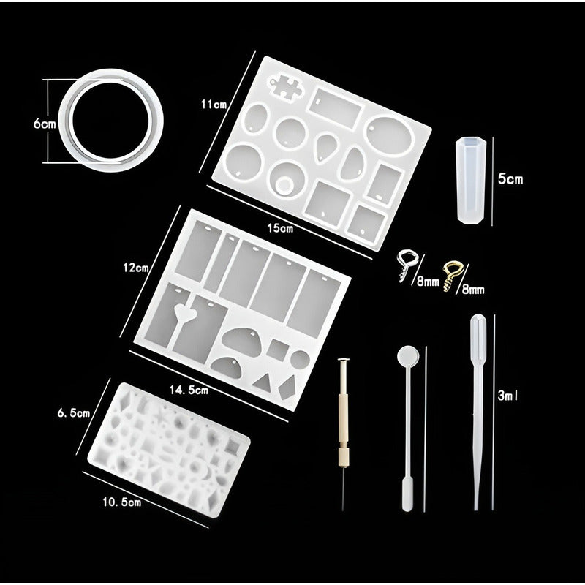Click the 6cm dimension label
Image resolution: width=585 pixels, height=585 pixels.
(x=45, y=124)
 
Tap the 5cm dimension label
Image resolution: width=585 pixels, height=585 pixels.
(x=510, y=178)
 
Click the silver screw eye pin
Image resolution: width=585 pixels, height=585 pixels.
(x=405, y=263)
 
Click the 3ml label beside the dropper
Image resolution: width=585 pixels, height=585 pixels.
(x=507, y=396)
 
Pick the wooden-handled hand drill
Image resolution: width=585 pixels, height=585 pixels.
(x=342, y=424)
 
